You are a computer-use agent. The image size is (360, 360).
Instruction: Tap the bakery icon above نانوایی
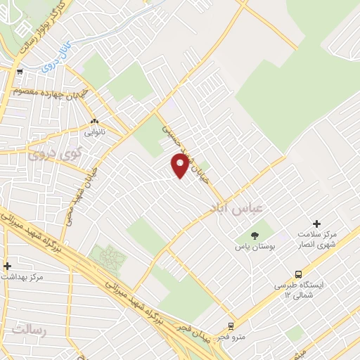click(x=94, y=120)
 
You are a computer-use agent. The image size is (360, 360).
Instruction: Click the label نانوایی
click(x=94, y=131)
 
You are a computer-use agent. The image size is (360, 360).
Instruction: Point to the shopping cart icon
click(x=19, y=71)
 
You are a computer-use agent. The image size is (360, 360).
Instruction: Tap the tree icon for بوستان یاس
click(x=255, y=235)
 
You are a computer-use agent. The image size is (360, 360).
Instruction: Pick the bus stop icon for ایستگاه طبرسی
click(x=299, y=275)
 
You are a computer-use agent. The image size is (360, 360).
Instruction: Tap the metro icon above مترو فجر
click(x=231, y=326)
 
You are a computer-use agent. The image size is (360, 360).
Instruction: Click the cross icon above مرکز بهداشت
click(x=8, y=266)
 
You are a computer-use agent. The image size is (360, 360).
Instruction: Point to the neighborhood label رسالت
click(x=28, y=328)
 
